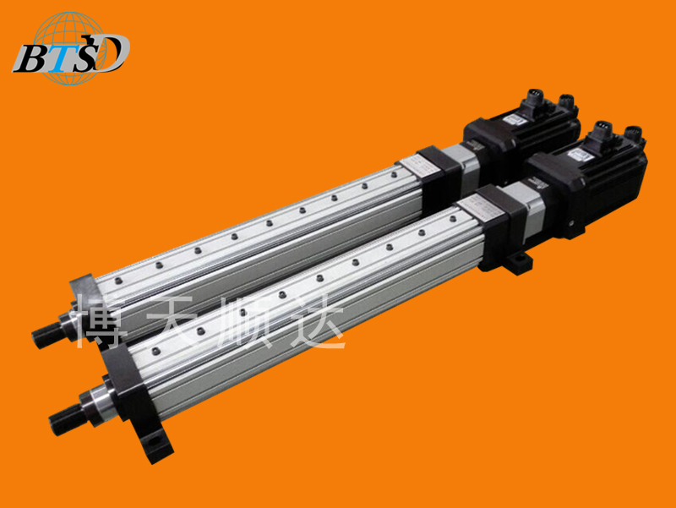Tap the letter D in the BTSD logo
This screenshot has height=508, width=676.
click(112, 53)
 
